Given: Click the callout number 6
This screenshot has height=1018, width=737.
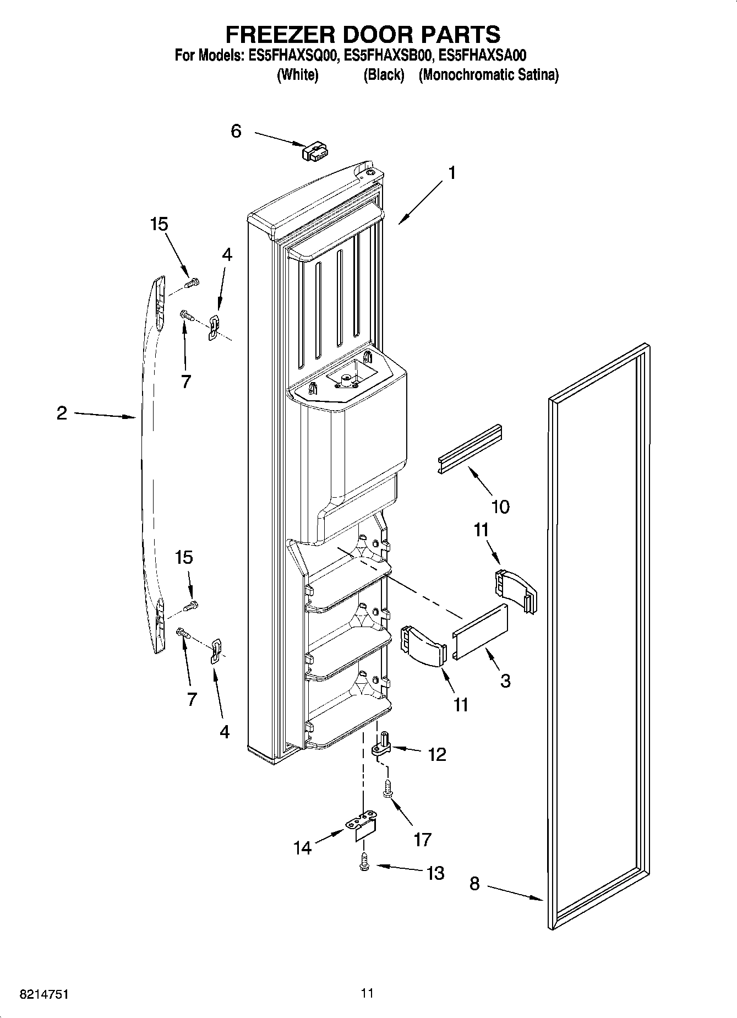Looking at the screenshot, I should [236, 132].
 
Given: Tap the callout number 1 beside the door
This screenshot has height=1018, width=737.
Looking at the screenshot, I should [452, 173].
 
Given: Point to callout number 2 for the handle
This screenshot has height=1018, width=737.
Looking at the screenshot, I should [62, 413].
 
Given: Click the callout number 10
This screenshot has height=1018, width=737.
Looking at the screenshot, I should [500, 507].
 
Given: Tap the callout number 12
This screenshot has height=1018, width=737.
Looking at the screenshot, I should [437, 754].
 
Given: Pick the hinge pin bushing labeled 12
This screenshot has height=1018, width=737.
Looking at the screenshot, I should [382, 744].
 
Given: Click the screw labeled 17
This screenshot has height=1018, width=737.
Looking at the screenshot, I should [388, 788].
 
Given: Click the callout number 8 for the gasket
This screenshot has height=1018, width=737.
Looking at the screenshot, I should [474, 884].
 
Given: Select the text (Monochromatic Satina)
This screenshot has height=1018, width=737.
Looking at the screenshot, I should [488, 75].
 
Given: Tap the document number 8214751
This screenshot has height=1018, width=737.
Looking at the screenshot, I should [44, 994].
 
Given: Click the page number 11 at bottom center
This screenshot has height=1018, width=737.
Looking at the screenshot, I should [368, 993].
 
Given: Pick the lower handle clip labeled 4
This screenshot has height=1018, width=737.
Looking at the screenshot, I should [216, 651].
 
